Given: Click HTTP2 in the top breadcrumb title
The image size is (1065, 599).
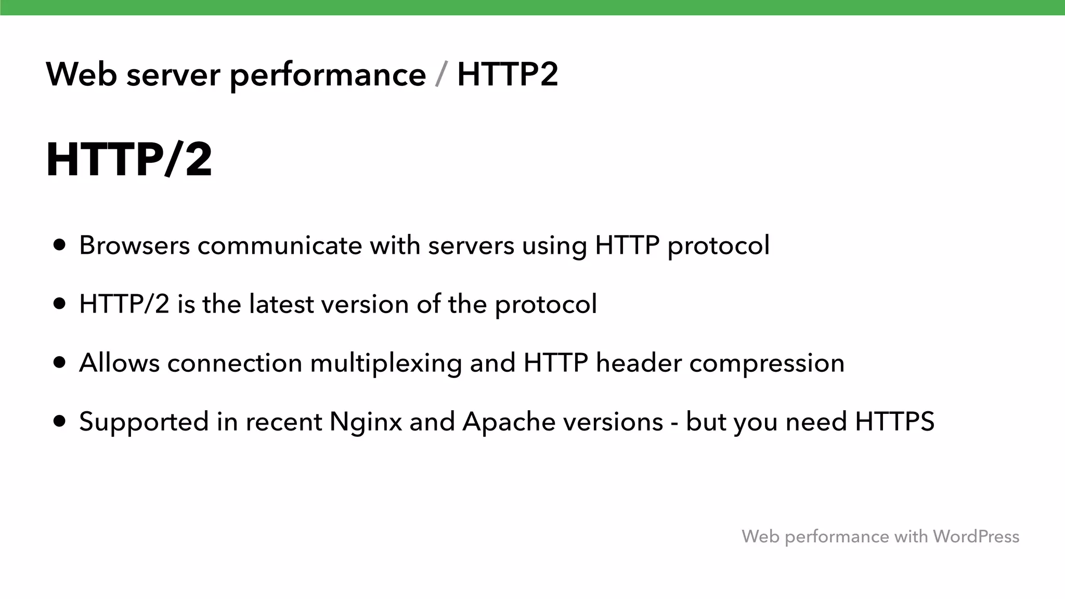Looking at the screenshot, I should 508,74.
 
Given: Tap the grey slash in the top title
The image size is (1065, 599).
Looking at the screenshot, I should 441,75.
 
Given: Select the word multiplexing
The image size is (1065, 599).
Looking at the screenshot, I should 386,363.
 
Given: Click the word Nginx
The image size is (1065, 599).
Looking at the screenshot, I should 366,422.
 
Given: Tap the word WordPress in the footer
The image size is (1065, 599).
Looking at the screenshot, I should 976,536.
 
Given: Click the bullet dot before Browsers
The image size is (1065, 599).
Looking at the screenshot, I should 60,245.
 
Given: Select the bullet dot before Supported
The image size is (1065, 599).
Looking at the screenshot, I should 60,421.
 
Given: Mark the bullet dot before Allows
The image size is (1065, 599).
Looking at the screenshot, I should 60,362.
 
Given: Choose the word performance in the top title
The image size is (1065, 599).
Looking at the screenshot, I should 328,75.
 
